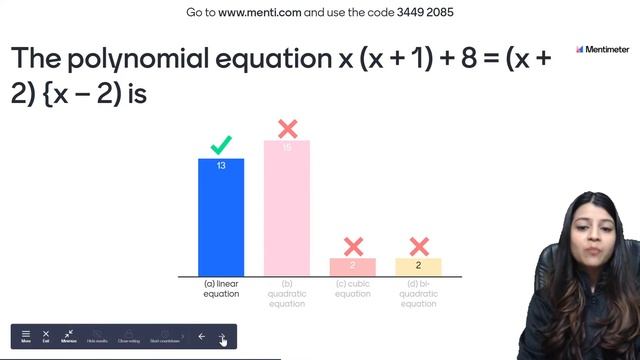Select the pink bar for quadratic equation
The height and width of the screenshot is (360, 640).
pos(287,210)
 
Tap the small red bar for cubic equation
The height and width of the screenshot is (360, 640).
pos(353,267)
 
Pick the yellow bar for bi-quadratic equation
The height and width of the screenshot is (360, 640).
pos(418,267)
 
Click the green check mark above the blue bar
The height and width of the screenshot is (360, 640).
pos(221,146)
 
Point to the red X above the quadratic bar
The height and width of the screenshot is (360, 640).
pos(287,128)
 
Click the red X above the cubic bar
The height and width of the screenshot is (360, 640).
pos(353,246)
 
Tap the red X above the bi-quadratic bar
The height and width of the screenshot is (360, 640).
pos(419,246)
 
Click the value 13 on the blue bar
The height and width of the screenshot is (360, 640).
pos(221,165)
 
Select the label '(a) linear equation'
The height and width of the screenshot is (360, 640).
pos(221,289)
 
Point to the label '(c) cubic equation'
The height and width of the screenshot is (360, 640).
pos(353,289)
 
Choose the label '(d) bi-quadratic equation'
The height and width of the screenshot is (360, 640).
pos(418,294)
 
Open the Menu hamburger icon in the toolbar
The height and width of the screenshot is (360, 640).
pos(26,335)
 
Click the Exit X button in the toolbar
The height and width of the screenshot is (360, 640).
pos(46,335)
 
